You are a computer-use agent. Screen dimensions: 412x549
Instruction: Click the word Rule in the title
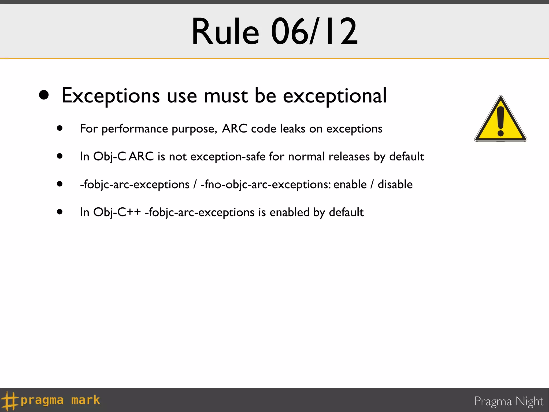(x=225, y=32)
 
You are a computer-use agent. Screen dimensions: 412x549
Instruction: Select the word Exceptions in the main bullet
(x=111, y=96)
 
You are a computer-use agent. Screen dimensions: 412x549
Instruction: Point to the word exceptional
(x=335, y=96)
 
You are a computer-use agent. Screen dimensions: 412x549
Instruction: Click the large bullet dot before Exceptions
(x=44, y=95)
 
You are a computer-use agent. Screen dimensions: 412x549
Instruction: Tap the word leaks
(x=292, y=128)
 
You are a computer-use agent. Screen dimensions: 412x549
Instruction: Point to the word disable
(x=395, y=185)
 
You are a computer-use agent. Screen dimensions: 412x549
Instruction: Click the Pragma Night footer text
(x=509, y=402)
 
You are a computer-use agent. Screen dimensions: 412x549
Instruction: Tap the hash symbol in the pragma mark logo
(x=10, y=400)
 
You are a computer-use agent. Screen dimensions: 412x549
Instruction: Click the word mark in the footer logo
(x=86, y=400)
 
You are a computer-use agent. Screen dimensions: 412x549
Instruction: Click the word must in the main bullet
(x=226, y=96)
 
